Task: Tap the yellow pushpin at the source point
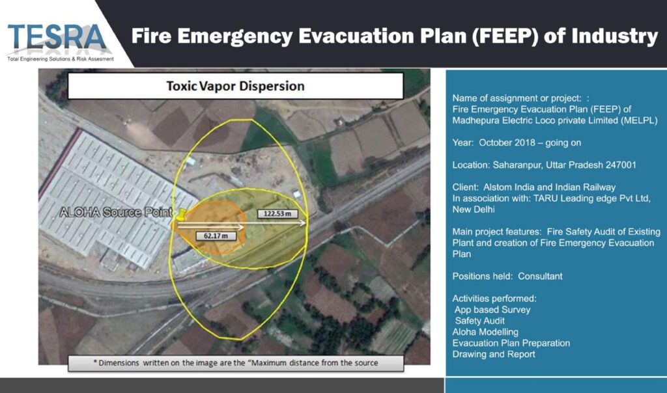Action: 181,215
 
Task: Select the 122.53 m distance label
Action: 277,213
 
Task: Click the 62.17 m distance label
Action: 216,236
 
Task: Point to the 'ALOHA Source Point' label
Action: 116,212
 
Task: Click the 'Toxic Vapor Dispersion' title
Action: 235,86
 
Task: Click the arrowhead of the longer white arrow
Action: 303,223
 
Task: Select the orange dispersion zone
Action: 209,227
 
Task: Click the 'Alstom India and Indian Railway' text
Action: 550,187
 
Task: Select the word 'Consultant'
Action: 540,277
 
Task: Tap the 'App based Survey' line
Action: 492,310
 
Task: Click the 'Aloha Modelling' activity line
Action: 485,332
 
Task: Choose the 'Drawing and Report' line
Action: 494,355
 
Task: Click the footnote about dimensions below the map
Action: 236,363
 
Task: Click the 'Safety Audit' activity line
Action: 479,321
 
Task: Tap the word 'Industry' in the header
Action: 615,36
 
